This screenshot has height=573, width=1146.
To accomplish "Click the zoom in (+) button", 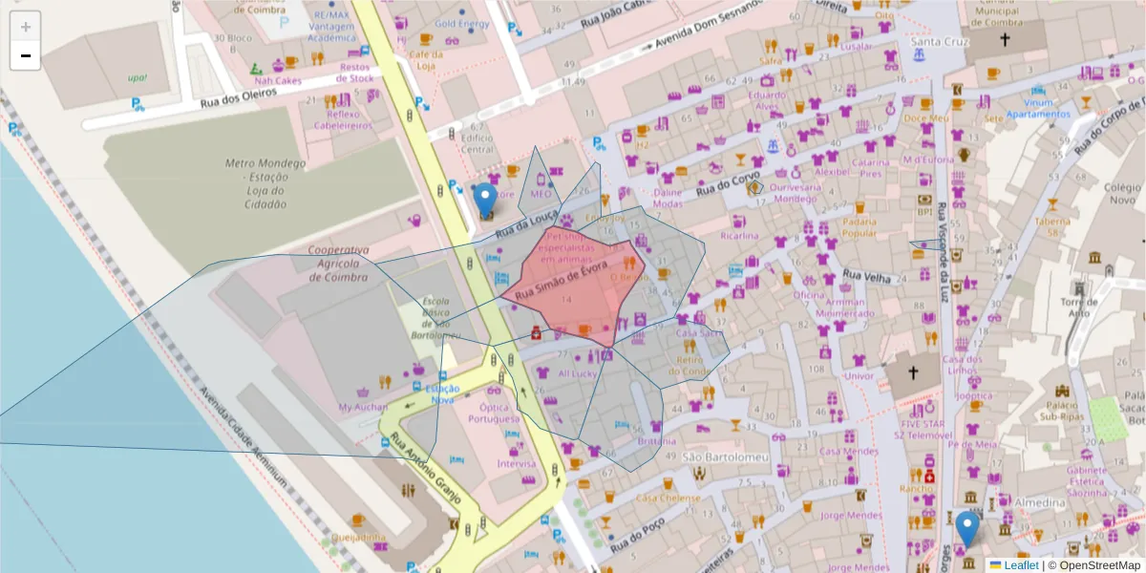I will tap(26, 27).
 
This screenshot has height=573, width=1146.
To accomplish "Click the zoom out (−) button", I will tap(26, 56).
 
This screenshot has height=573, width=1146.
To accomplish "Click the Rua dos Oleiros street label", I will tap(237, 105).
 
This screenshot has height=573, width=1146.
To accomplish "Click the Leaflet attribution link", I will tap(1020, 565).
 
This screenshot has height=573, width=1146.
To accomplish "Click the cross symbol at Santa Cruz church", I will tap(1005, 40).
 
